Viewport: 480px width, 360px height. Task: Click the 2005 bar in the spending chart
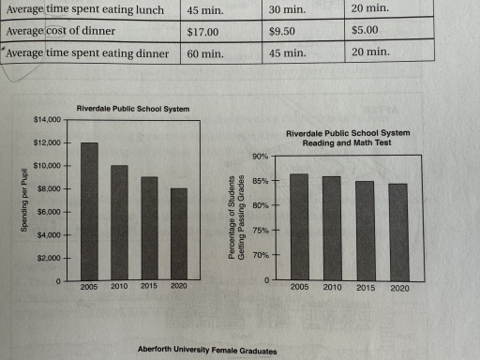click(90, 211)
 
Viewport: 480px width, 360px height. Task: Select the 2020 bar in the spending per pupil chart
click(178, 234)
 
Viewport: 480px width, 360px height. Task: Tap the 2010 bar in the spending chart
click(119, 222)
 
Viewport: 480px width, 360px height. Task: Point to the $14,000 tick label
click(46, 120)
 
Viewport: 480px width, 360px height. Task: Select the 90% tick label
click(259, 156)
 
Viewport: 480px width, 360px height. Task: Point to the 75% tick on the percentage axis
click(259, 231)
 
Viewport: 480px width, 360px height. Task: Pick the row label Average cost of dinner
click(59, 31)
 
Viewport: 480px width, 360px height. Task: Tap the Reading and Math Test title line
click(349, 143)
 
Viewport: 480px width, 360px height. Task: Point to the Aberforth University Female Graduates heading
click(207, 351)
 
